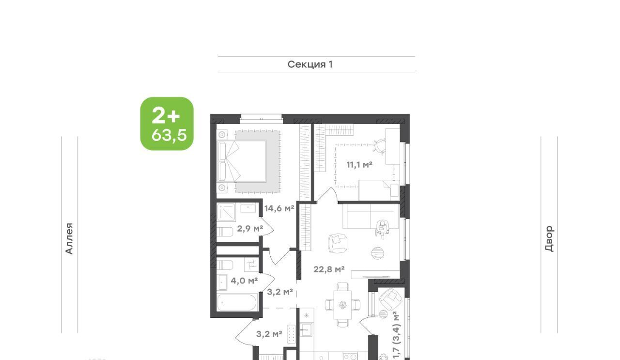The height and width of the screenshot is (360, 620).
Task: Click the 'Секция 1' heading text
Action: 310,64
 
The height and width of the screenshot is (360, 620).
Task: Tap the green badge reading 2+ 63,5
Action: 167,124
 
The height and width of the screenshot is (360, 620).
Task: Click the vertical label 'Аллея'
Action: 69,238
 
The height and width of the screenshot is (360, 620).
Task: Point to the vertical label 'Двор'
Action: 549,238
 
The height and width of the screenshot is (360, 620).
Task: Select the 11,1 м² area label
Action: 359,165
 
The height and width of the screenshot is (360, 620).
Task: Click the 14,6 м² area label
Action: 279,208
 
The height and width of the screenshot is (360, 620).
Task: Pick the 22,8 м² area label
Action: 329,269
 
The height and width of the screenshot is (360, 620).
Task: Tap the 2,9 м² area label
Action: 250,229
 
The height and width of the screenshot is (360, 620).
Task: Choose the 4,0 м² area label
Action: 245,281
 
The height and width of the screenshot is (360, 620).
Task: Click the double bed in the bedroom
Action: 242,161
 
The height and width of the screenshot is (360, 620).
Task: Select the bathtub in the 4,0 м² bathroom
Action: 237,303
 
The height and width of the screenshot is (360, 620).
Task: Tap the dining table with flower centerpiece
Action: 342,305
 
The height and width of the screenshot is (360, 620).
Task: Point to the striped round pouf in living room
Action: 377,253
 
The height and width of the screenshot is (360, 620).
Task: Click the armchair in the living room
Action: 338,243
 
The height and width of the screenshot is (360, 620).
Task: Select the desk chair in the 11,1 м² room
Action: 379,147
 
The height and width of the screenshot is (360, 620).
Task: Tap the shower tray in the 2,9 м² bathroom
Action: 226,213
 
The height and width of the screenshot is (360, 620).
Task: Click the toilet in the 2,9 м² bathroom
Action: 225,232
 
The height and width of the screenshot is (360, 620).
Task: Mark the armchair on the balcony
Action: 390,299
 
